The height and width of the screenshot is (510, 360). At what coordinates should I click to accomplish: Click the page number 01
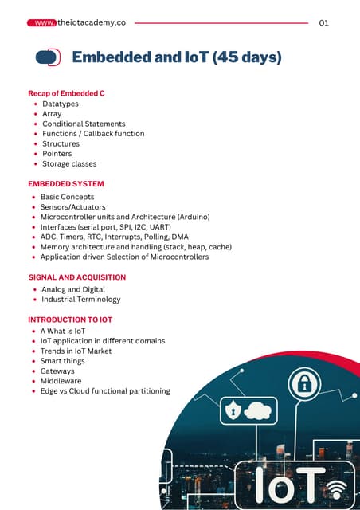[x=323, y=23]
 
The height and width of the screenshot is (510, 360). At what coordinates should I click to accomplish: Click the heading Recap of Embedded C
[x=66, y=93]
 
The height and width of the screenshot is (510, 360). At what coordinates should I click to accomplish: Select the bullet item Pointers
[x=57, y=154]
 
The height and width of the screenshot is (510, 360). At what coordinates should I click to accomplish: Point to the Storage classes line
[x=69, y=164]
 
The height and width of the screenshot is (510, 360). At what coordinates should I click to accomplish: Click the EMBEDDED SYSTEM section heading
[x=66, y=184]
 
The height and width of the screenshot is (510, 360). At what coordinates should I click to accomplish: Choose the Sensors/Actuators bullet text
[x=72, y=206]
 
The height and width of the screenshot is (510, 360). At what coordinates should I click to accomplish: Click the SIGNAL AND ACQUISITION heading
[x=76, y=277]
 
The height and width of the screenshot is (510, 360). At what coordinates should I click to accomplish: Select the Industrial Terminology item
[x=80, y=300]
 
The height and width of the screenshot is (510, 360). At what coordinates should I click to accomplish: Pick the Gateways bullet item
[x=57, y=371]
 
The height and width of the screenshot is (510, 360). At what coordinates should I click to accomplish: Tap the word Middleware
[x=62, y=382]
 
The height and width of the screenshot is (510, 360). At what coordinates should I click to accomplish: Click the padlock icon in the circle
[x=304, y=386]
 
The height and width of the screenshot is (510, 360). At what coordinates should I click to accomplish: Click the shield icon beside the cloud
[x=233, y=412]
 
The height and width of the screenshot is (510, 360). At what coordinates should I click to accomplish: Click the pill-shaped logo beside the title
[x=49, y=57]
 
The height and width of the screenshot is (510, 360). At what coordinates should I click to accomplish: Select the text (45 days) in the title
[x=246, y=57]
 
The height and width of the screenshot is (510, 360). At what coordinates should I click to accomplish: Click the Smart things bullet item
[x=62, y=361]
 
